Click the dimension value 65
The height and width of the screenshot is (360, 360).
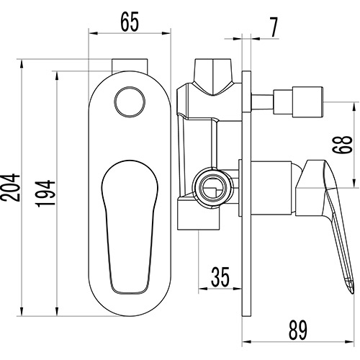(130, 22)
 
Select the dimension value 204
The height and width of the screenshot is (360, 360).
(11, 187)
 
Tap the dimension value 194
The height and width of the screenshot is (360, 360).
(46, 194)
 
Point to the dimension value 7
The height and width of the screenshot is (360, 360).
(274, 27)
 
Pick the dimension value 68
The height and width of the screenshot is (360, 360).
(342, 144)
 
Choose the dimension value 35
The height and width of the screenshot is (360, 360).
(220, 276)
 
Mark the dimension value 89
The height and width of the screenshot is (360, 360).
(297, 330)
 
